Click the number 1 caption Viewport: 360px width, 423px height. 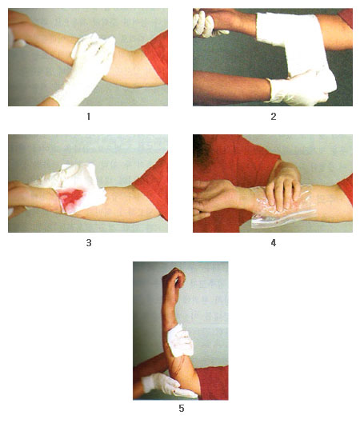tap(88, 117)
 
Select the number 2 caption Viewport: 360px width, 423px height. tap(273, 117)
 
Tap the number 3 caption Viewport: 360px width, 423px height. tap(89, 243)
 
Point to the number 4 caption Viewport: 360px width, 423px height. tap(273, 243)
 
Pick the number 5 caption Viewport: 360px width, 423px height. tap(182, 408)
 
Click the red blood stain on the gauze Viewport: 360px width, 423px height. tap(70, 197)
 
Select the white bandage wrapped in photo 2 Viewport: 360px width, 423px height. tap(294, 46)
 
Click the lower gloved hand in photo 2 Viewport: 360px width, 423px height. tap(298, 88)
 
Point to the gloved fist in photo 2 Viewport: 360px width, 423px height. tap(206, 24)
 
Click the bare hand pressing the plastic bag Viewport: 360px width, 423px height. tap(283, 187)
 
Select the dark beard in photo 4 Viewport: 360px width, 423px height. tap(202, 150)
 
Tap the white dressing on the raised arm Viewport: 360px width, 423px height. tap(180, 341)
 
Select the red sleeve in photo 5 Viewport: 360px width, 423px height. tap(213, 383)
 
